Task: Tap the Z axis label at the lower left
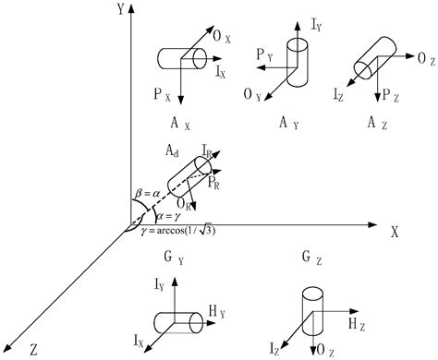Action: (x=32, y=348)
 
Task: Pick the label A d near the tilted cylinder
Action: (x=172, y=150)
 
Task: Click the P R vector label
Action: (x=214, y=185)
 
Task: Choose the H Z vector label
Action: (x=355, y=324)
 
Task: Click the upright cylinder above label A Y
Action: (x=298, y=62)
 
